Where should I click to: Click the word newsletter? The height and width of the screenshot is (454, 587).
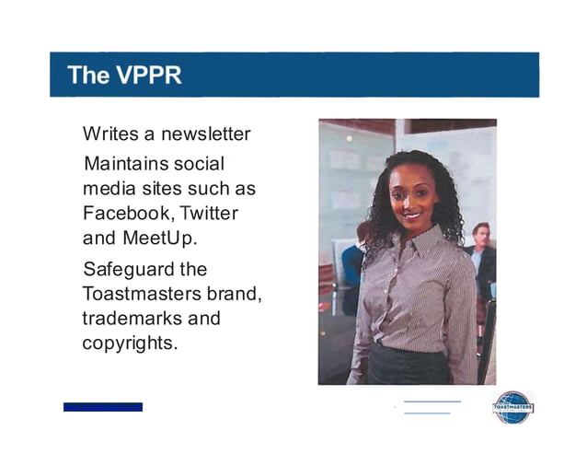(206, 134)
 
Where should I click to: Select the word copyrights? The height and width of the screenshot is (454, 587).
(130, 343)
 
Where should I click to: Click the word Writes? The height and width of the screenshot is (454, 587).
(109, 134)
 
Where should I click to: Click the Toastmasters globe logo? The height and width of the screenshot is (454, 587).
(512, 406)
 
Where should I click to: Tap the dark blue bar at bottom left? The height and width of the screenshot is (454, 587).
(103, 407)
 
